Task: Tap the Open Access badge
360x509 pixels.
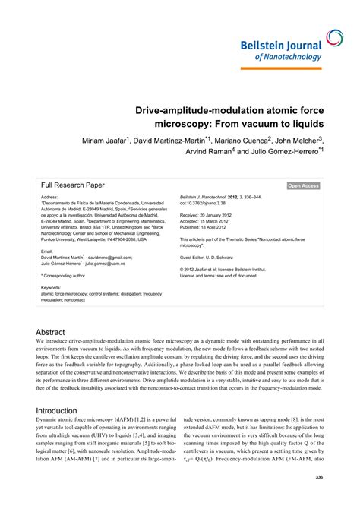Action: tap(303, 185)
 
